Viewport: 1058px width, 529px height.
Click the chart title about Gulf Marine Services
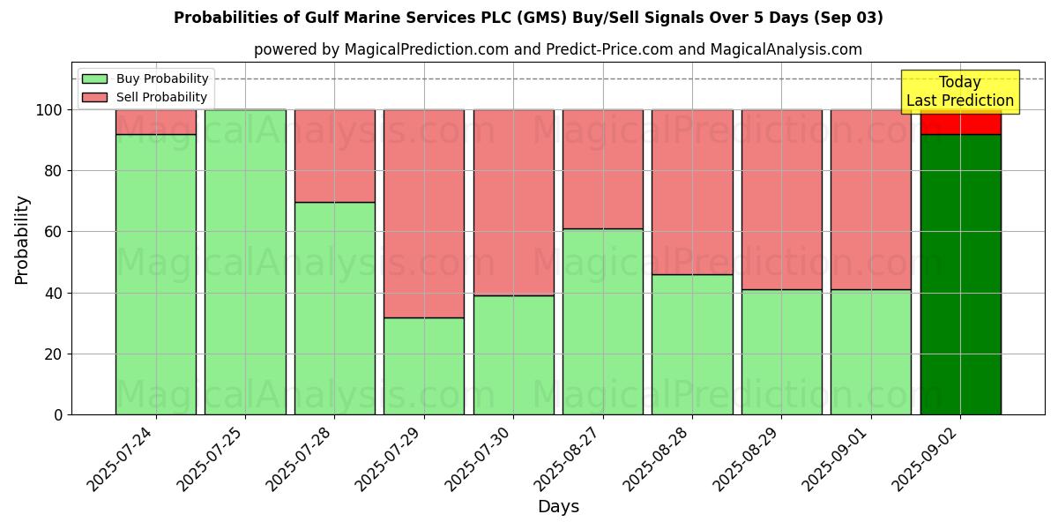click(528, 18)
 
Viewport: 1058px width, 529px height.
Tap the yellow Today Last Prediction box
click(959, 92)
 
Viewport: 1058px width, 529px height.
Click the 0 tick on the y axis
click(58, 414)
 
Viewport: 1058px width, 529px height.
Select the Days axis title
click(558, 507)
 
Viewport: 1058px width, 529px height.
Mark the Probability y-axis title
click(22, 240)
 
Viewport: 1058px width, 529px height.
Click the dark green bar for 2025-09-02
click(960, 274)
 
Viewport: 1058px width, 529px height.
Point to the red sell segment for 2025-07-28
click(334, 156)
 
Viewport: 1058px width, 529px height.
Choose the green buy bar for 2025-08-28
click(692, 344)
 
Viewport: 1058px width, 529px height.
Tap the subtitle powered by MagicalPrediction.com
click(557, 49)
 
